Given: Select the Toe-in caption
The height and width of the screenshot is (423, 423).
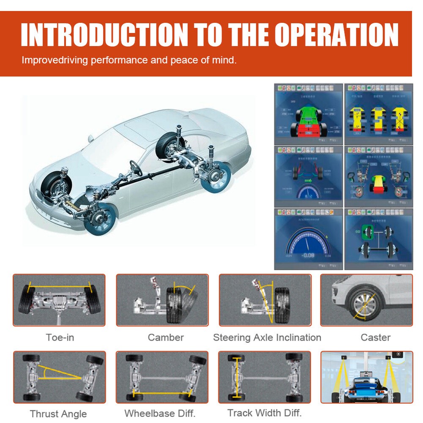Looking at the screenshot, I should [x=60, y=338].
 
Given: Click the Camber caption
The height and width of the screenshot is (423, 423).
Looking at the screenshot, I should [x=165, y=338].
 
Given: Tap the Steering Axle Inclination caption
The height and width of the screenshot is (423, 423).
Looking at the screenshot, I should [x=267, y=338].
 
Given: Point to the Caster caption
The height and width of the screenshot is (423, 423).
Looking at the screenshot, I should [x=375, y=338].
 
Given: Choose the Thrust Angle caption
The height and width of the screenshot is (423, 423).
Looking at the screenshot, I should [x=58, y=414].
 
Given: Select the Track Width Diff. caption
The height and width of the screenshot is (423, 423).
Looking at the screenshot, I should [x=264, y=413].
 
